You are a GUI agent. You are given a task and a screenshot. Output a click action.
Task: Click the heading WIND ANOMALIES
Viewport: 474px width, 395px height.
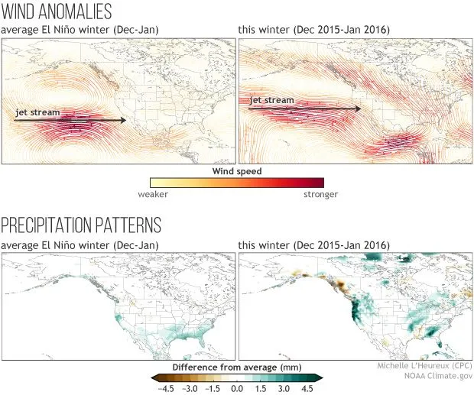(57, 12)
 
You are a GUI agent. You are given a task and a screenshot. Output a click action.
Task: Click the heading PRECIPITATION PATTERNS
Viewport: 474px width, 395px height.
(81, 225)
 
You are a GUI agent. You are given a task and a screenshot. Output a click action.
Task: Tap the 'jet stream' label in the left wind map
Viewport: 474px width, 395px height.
(37, 112)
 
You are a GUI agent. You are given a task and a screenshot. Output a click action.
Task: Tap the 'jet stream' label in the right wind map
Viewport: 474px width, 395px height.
(271, 100)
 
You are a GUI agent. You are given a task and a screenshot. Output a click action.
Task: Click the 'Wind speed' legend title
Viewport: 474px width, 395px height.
(236, 172)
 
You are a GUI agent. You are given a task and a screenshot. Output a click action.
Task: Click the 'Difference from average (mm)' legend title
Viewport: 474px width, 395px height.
(237, 367)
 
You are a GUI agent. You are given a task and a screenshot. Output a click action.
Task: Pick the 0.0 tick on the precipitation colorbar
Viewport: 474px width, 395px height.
(237, 388)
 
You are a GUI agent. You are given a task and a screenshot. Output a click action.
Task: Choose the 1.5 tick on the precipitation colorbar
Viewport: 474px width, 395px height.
(261, 388)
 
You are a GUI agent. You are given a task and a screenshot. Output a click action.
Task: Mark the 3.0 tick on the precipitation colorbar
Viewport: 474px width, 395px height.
(284, 388)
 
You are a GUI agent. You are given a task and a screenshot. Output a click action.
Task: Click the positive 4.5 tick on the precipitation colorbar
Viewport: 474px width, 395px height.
(308, 388)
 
